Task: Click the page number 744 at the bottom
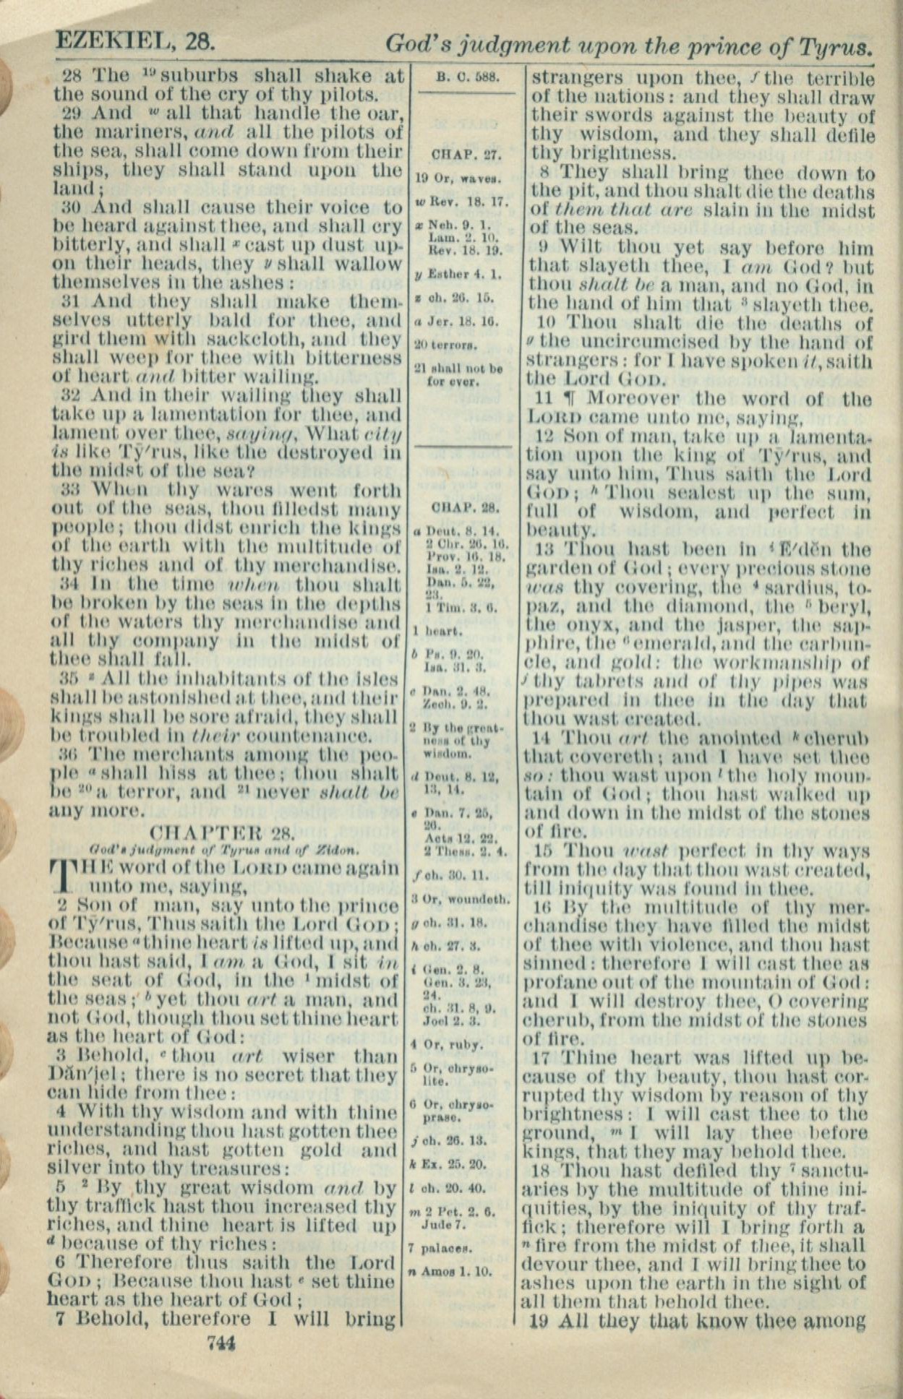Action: tap(221, 1343)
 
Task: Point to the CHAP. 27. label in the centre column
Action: tap(463, 154)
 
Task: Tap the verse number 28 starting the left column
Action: tap(72, 76)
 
